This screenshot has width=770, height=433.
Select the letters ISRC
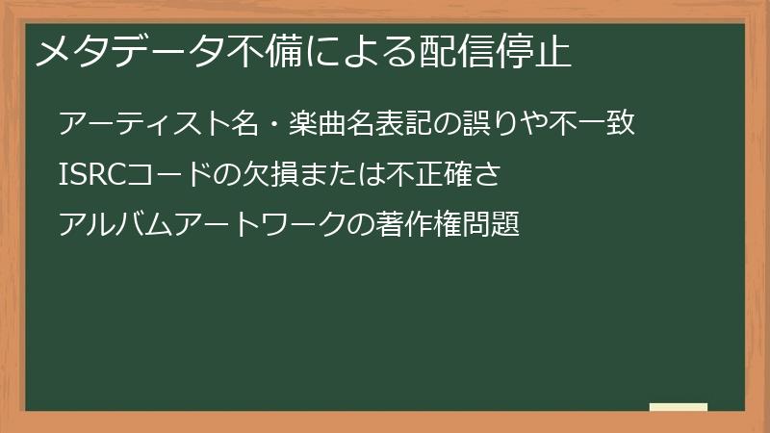[x=90, y=175]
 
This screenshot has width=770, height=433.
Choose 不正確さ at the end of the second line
[x=445, y=175]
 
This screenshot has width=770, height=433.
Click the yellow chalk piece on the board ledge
[x=678, y=407]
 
